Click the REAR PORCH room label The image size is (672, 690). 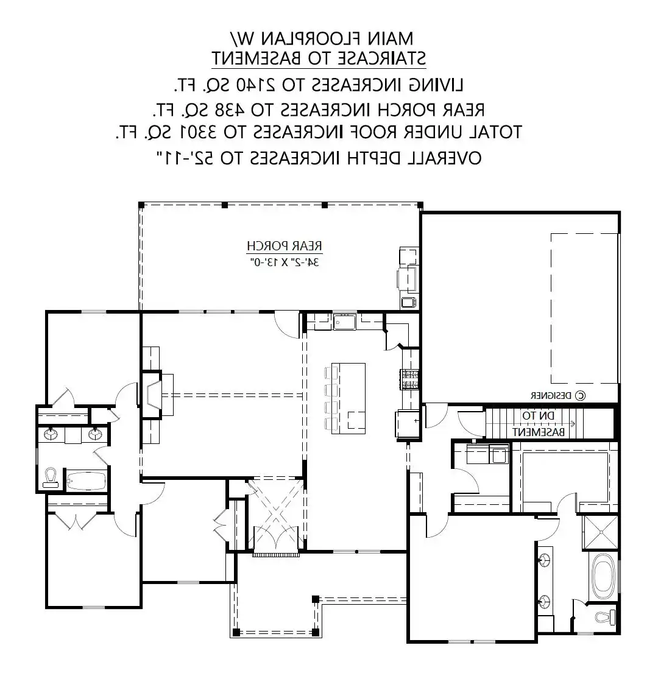click(284, 246)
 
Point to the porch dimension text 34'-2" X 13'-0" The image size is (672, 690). click(284, 262)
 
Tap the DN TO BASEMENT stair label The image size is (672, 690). click(538, 423)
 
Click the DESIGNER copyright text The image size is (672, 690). click(558, 396)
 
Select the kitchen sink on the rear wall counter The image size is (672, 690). click(344, 322)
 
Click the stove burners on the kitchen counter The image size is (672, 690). click(409, 380)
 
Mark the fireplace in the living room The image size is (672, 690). click(152, 395)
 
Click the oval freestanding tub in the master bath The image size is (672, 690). click(602, 576)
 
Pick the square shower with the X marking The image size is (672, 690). click(601, 532)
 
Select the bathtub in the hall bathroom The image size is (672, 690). click(87, 481)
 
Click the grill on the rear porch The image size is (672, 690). click(406, 278)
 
